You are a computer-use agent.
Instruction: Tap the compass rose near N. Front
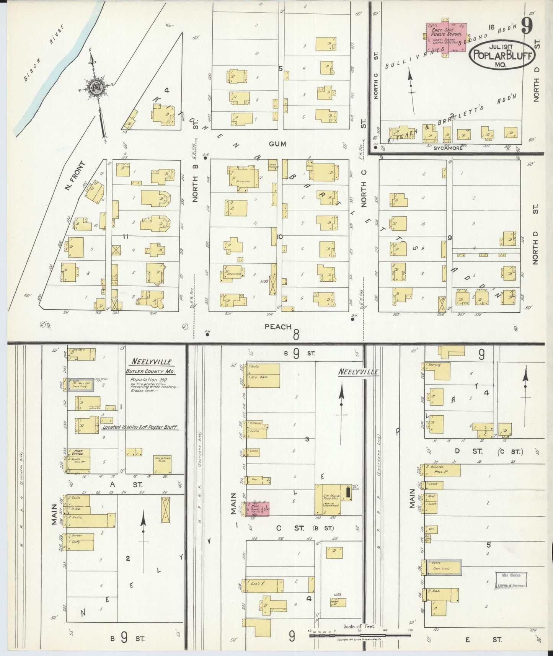[94, 89]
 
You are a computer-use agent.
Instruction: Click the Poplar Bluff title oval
[502, 55]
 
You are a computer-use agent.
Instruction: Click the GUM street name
[277, 144]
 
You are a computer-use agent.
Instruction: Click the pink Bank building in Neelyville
[257, 509]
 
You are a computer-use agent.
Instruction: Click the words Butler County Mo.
[147, 371]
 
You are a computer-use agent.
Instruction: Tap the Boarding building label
[435, 365]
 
